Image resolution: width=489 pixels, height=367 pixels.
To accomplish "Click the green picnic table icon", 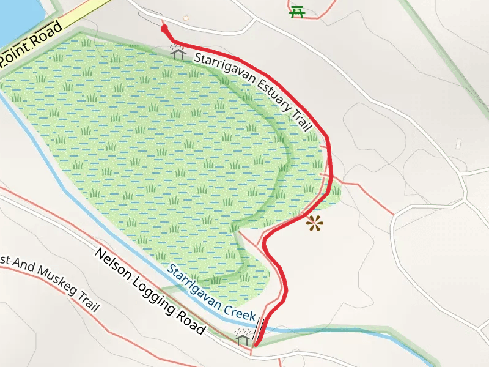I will click(297, 11).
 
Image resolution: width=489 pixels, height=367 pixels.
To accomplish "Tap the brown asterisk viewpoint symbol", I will click(315, 224).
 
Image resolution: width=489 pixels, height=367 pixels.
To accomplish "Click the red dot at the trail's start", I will click(164, 28).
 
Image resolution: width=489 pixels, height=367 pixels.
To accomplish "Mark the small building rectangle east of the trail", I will click(458, 144).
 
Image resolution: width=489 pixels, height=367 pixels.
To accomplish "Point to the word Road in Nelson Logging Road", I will click(191, 324).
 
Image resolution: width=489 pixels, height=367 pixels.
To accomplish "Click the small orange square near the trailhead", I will click(186, 18).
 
